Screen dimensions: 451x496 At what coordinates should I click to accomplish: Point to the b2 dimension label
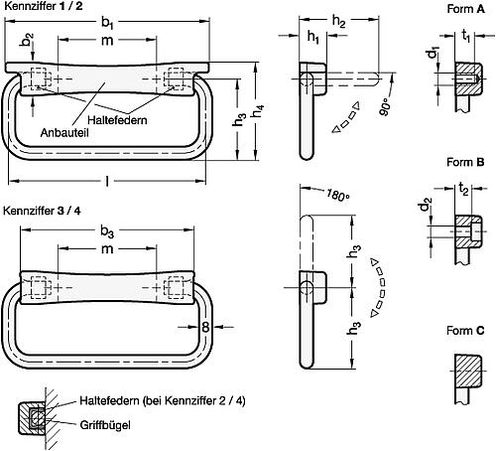(28, 46)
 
